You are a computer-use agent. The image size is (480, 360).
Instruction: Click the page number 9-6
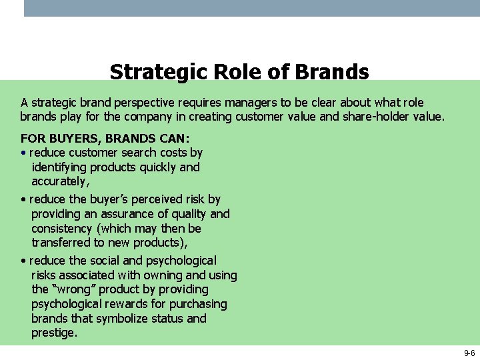point(469,353)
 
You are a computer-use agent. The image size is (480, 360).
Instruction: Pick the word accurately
point(59,181)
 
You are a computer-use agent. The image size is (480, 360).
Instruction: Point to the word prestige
point(53,333)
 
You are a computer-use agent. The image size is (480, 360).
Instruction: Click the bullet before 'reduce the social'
point(23,261)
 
